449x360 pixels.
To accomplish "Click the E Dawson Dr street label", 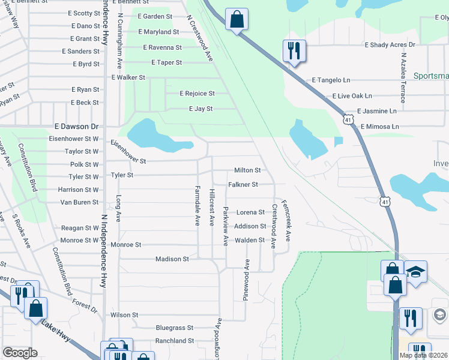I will [x=76, y=127].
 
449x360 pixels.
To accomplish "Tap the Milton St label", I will [x=247, y=170].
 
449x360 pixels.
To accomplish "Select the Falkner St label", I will [x=243, y=184].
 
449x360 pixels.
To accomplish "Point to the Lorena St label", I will [x=250, y=212].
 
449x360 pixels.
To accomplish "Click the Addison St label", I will [x=250, y=226].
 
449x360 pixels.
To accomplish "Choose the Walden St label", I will [x=250, y=240].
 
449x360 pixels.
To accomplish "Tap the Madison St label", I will [x=172, y=259].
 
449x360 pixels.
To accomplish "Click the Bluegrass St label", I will [x=174, y=328].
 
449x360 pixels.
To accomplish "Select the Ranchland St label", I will [x=174, y=340].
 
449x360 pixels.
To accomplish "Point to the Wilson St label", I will [x=124, y=314].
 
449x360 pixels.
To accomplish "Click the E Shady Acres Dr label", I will [x=390, y=45].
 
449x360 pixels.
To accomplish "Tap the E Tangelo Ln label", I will [x=331, y=80].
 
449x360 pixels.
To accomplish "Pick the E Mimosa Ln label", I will [x=379, y=127].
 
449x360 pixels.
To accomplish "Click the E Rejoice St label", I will [x=197, y=94].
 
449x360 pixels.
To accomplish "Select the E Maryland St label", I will [x=158, y=31].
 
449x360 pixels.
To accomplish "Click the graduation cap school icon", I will [x=415, y=271].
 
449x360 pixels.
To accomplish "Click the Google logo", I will [x=20, y=352].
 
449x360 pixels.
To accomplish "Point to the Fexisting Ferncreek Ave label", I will [x=286, y=220].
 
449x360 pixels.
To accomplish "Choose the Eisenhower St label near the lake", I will [x=128, y=152].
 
